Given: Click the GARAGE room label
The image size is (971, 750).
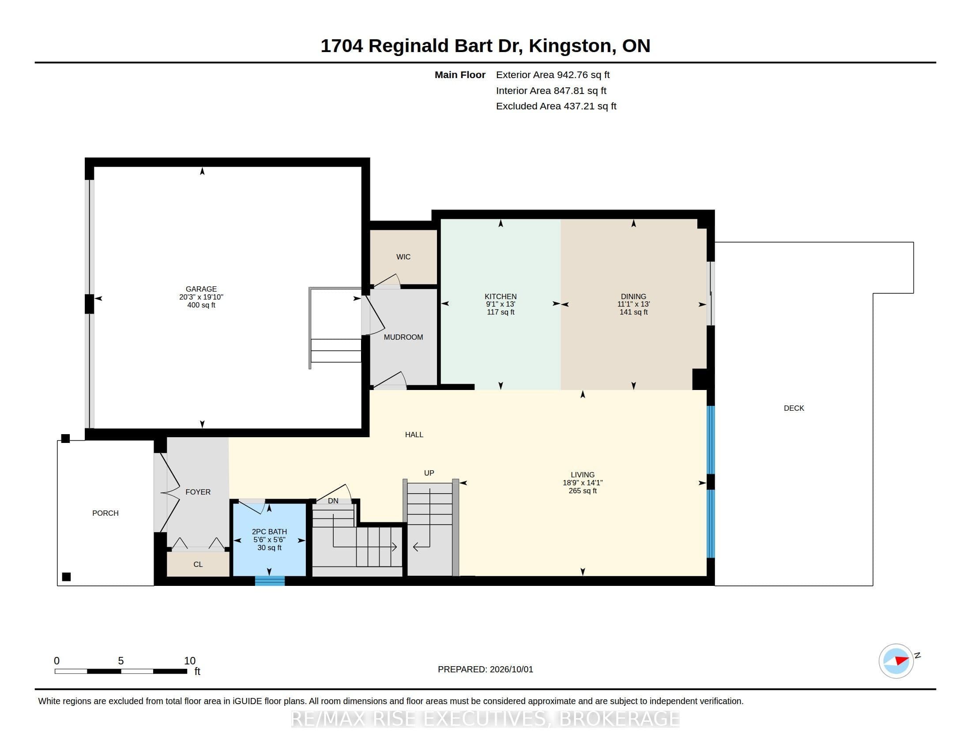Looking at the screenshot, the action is (x=201, y=289).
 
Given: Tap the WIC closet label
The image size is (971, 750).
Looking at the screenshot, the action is (x=403, y=257).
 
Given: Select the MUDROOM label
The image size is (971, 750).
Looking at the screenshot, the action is (x=403, y=337).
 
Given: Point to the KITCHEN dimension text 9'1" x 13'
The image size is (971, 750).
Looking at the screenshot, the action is (x=501, y=304).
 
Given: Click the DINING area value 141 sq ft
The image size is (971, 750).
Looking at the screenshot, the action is (x=633, y=312).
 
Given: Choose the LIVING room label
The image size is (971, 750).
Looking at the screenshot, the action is (x=583, y=475).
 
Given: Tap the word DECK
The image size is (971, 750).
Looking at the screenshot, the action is (x=794, y=408).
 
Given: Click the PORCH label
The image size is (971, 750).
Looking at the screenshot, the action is (x=105, y=513).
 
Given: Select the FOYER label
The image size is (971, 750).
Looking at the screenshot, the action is (x=198, y=492).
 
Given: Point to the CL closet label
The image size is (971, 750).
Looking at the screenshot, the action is (x=198, y=564).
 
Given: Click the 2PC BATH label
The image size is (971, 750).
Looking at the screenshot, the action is (x=269, y=532).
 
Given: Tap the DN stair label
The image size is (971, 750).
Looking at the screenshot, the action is (x=333, y=501).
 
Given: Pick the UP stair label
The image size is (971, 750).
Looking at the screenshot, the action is (x=429, y=473).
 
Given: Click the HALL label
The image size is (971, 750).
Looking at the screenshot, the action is (x=414, y=435).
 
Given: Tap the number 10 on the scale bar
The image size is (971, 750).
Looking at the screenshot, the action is (x=190, y=661).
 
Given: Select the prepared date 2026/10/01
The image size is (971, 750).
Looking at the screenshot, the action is (x=511, y=669).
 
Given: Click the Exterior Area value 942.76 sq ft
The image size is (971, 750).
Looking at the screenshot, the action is (x=583, y=75).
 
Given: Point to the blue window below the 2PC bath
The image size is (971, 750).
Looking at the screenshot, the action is (x=270, y=581).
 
